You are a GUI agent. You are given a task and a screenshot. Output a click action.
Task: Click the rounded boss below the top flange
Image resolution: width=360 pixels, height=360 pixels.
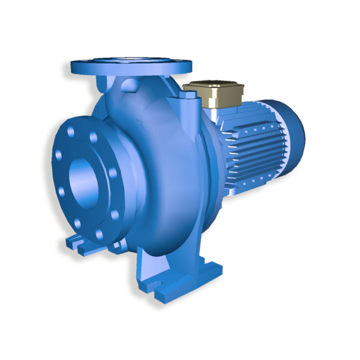tap(128, 86)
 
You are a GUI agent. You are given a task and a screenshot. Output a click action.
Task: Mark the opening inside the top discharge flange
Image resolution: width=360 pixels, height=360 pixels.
tap(131, 59)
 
